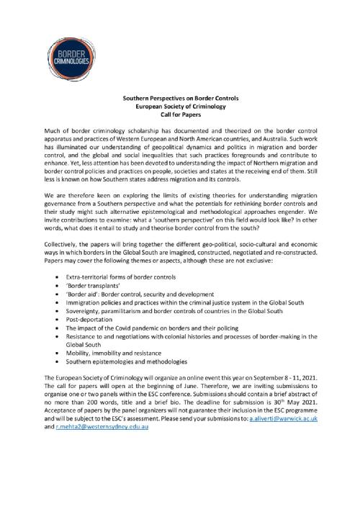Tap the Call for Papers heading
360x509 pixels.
click(179, 114)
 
